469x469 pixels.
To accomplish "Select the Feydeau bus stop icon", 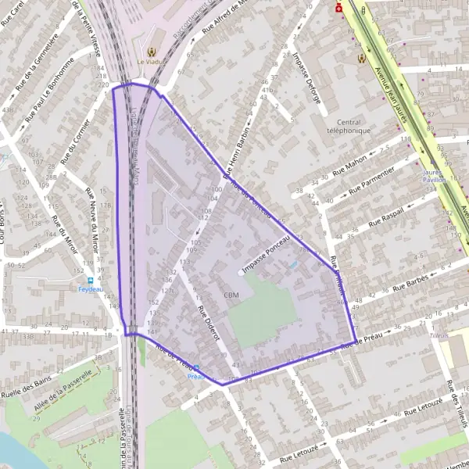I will point(91,281).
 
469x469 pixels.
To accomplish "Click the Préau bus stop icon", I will point(196,367).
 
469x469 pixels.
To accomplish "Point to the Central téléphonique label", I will point(353,127).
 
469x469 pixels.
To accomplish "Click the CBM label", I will point(231,295).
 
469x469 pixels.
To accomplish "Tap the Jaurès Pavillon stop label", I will point(433,175).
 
